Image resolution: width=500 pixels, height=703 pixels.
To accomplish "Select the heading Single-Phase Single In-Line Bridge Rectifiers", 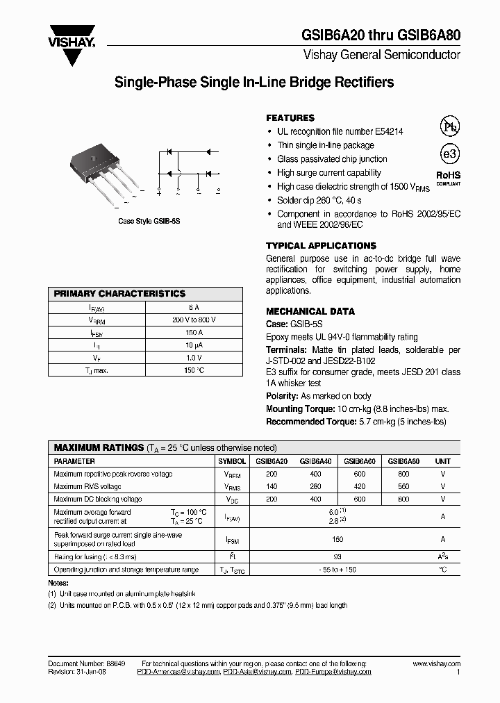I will click(x=253, y=83).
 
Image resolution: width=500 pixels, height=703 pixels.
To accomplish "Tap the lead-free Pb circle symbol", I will click(x=450, y=126).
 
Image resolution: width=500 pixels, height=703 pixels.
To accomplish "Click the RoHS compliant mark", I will click(x=448, y=177).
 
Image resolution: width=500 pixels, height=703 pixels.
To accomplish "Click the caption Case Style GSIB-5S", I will click(x=149, y=221).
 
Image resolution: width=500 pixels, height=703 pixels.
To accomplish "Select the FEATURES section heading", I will click(x=290, y=118).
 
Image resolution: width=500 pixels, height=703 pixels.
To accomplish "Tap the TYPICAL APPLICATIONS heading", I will click(x=321, y=246).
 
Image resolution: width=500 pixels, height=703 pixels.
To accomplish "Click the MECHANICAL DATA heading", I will click(x=310, y=311).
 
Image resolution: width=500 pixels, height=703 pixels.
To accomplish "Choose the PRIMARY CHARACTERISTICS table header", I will click(x=119, y=294).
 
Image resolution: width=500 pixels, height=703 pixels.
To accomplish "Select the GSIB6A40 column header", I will click(x=315, y=461).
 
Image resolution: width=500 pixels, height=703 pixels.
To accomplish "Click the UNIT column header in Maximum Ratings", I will click(x=442, y=461).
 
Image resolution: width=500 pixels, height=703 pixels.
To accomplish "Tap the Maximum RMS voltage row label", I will click(x=87, y=486).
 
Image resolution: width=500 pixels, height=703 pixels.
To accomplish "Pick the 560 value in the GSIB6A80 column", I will click(x=403, y=486).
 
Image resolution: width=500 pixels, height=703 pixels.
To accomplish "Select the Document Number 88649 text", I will click(x=87, y=665).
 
